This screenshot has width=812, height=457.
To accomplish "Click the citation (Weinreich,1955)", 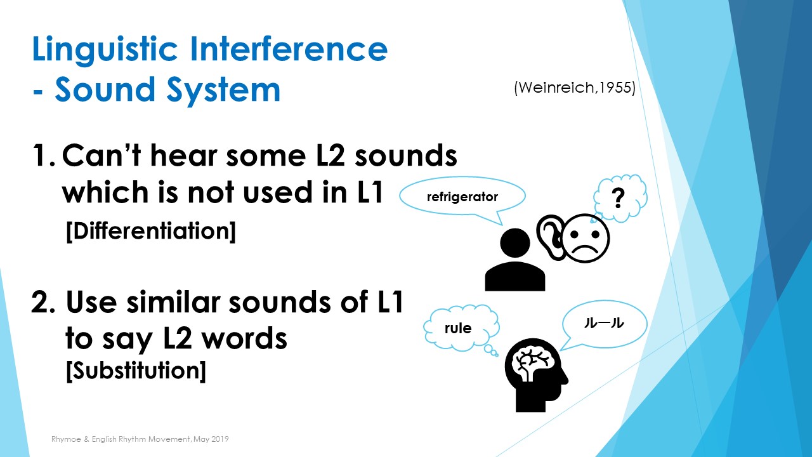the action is click(x=575, y=88).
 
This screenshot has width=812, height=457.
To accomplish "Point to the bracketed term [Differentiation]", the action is click(x=151, y=231).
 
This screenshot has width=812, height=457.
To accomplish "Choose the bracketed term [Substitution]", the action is click(x=136, y=370).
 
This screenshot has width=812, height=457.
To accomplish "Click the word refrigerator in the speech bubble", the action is click(x=462, y=197).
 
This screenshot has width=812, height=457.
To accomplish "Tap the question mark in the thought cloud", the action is click(x=618, y=199).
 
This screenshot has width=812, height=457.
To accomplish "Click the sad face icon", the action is click(x=585, y=238).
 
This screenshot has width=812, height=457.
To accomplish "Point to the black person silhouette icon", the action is click(x=514, y=260).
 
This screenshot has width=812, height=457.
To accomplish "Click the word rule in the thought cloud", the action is click(x=458, y=328).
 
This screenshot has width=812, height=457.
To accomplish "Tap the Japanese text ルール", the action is click(x=604, y=323).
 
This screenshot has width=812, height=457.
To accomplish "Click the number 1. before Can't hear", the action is click(x=44, y=156).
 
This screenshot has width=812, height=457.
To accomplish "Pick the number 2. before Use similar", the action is click(x=43, y=301).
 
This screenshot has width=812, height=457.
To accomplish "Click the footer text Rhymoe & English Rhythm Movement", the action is click(x=121, y=439).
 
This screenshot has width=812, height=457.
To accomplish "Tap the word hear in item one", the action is click(x=183, y=156).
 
